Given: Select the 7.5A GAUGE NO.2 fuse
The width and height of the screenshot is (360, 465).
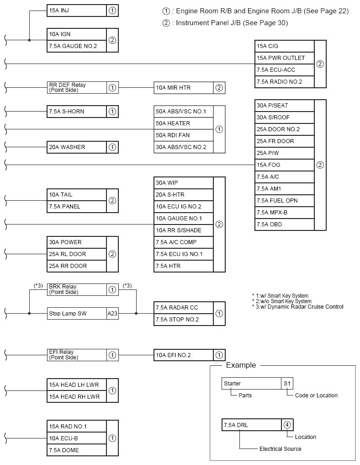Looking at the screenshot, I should coord(77,46).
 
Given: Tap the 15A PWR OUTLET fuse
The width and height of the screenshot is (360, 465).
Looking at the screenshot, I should coord(285,58).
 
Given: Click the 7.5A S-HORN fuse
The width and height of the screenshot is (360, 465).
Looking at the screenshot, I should coord(77,111).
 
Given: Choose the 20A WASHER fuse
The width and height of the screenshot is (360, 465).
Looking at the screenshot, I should coord(77,147).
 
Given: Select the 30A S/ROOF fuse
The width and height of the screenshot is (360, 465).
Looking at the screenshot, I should coord(285,118).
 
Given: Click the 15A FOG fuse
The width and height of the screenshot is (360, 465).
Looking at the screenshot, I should coord(285,165).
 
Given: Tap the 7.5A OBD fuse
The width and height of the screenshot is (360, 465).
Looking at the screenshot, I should coord(285,224).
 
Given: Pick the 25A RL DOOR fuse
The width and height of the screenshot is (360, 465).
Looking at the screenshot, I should coord(77,254).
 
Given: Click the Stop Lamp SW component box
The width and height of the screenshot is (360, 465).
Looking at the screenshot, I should coord(77,314).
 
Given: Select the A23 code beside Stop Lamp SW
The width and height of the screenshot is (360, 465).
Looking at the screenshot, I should coord(112,314).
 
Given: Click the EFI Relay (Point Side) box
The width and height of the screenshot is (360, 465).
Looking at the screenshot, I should coord(77,355).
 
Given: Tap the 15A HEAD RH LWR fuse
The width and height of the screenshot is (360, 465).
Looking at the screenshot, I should coord(77,397).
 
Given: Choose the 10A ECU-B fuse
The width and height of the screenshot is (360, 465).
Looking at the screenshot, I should coord(77,438).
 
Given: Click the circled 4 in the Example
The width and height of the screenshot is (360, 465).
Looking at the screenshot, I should coord(287,425).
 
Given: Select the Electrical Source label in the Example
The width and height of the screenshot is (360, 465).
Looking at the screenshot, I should coord(280,449).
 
